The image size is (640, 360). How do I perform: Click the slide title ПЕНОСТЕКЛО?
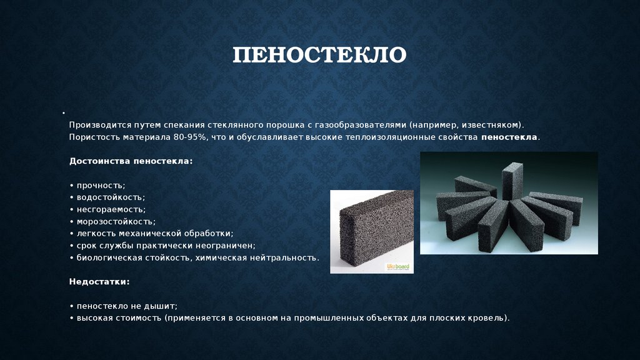click(x=319, y=55)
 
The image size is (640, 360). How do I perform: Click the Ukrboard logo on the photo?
click(x=398, y=267)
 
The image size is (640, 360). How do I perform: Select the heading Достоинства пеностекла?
click(x=131, y=161)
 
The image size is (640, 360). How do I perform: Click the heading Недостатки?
click(x=99, y=282)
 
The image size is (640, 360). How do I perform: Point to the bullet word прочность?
click(x=100, y=186)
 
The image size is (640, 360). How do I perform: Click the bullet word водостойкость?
click(x=110, y=197)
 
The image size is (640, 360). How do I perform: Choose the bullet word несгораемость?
click(x=110, y=209)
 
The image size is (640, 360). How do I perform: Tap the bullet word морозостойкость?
click(x=115, y=222)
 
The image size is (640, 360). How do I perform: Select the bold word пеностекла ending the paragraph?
click(x=509, y=137)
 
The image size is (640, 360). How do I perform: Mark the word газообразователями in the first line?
click(x=361, y=125)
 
